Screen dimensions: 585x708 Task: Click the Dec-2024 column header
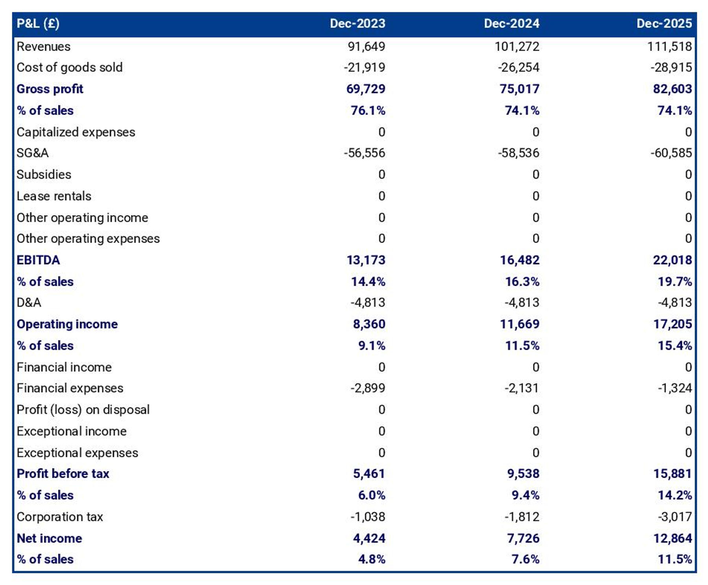coord(511,24)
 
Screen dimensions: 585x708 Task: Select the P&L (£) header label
coord(38,24)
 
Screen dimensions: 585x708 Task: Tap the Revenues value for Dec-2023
coord(366,46)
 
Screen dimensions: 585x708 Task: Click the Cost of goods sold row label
coord(70,67)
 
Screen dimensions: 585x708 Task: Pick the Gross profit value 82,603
coord(672,89)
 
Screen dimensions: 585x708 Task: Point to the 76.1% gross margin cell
coord(368,110)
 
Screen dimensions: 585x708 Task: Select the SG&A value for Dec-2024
coord(518,153)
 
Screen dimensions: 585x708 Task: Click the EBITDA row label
coord(38,260)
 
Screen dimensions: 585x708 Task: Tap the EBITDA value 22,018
coord(672,260)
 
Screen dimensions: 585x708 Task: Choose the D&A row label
coord(29,302)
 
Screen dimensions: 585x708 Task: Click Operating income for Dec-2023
coord(369,324)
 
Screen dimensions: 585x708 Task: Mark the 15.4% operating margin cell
coord(675,346)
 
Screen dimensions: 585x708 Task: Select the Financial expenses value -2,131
coord(522,388)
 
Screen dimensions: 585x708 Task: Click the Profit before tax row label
coord(63,473)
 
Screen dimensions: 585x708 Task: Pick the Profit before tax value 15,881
coord(672,473)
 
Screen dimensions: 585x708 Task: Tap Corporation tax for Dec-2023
coord(368,517)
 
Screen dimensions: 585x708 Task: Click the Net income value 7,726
coord(523,538)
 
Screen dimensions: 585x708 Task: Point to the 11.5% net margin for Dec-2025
coord(675,559)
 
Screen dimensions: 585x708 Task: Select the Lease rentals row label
coord(54,196)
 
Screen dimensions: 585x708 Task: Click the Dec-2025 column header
coord(664,24)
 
